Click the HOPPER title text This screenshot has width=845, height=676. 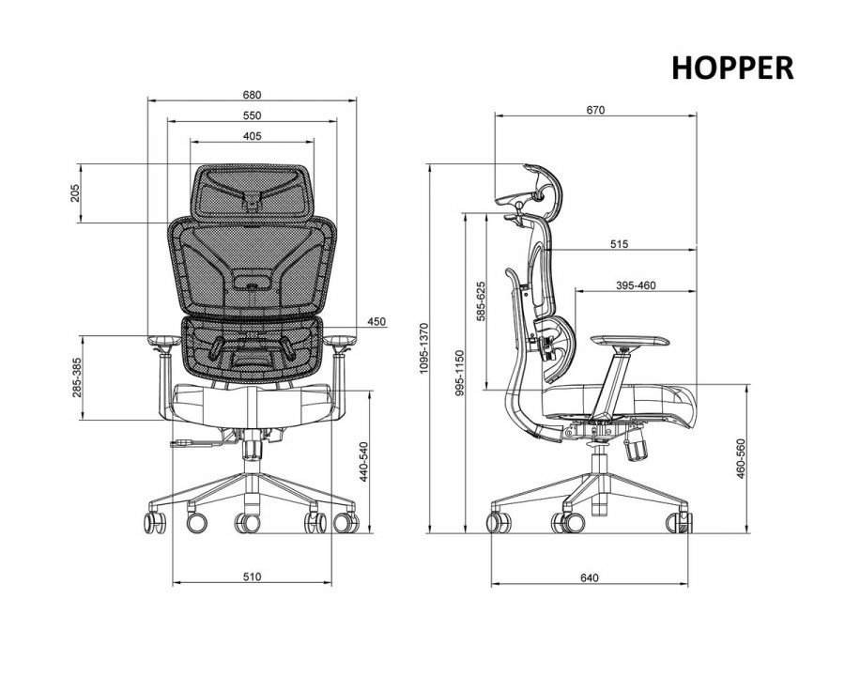732,68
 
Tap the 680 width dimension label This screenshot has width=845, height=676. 252,95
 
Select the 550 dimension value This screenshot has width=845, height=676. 252,115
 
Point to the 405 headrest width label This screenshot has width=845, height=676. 252,136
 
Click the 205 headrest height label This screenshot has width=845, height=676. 75,193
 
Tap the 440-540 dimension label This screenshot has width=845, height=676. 363,462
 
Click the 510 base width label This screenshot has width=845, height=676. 252,576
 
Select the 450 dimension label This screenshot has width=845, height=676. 376,322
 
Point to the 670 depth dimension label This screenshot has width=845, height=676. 595,110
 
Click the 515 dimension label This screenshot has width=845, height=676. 620,244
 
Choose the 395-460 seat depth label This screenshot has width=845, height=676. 636,285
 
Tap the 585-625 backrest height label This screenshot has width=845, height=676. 481,301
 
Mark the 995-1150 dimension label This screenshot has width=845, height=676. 459,373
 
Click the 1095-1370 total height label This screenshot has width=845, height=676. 423,348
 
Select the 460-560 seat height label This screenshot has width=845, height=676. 741,458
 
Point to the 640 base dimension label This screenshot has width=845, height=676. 590,578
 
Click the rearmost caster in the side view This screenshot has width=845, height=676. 499,522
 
